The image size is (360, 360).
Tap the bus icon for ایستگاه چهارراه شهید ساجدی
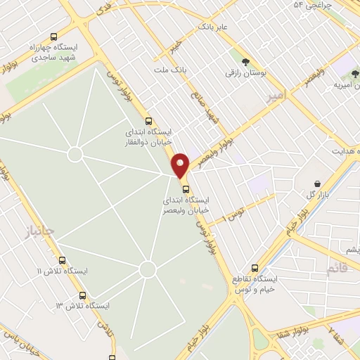pyautogui.click(x=54, y=37)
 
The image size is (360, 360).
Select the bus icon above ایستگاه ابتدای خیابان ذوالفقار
pyautogui.click(x=148, y=120)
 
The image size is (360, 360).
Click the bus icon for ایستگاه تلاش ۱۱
pyautogui.click(x=63, y=260)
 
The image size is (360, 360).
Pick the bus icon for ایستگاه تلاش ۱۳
pyautogui.click(x=83, y=296)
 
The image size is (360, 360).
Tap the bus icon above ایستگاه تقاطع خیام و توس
pyautogui.click(x=255, y=268)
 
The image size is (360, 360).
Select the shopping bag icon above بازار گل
pyautogui.click(x=318, y=184)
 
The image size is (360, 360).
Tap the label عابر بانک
pyautogui.click(x=214, y=27)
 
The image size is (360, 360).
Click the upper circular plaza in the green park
pyautogui.click(x=75, y=154)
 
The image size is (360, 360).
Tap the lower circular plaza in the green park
pyautogui.click(x=147, y=269)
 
